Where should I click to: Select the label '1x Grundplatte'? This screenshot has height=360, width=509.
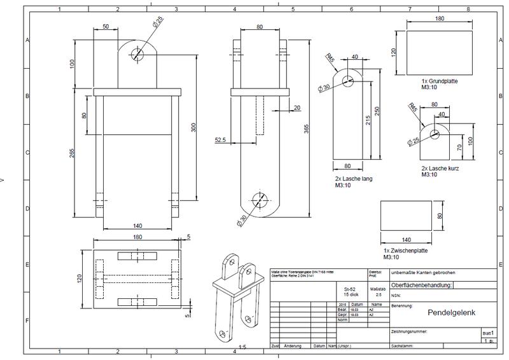440,82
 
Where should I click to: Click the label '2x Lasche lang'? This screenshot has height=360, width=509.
352,179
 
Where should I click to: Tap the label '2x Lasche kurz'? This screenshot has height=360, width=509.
440,169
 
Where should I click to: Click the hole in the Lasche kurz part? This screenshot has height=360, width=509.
435,134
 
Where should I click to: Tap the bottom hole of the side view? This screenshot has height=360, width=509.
258,199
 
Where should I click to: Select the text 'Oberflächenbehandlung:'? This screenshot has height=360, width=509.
421,286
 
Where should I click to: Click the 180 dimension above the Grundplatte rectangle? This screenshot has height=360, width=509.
439,19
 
